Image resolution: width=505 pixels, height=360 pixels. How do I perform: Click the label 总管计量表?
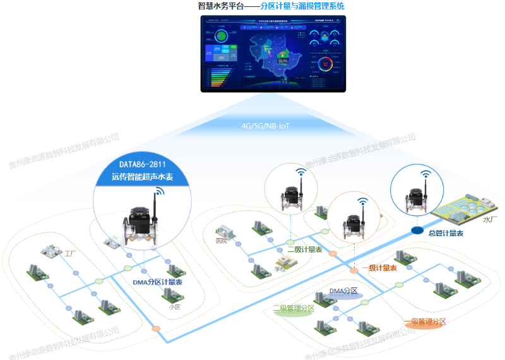pyautogui.click(x=446, y=234)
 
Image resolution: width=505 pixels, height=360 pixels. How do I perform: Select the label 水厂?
pyautogui.click(x=490, y=220)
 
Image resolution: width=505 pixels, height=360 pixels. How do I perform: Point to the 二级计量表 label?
pyautogui.click(x=305, y=250)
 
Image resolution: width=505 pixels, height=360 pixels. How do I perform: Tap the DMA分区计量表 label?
pyautogui.click(x=158, y=282)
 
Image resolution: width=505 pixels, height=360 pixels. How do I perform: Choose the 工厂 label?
pyautogui.click(x=70, y=253)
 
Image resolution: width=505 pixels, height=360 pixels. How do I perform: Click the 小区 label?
pyautogui.click(x=175, y=307)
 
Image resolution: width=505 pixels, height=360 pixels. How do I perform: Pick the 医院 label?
pyautogui.click(x=221, y=241)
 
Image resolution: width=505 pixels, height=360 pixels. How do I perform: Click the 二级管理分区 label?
pyautogui.click(x=294, y=309)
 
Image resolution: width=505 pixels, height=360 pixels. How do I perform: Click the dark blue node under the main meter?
pyautogui.click(x=417, y=230)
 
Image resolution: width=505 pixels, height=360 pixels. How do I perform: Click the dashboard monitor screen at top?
pyautogui.click(x=273, y=53)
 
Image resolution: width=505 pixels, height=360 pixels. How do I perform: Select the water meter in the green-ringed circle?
pyautogui.click(x=292, y=196)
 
